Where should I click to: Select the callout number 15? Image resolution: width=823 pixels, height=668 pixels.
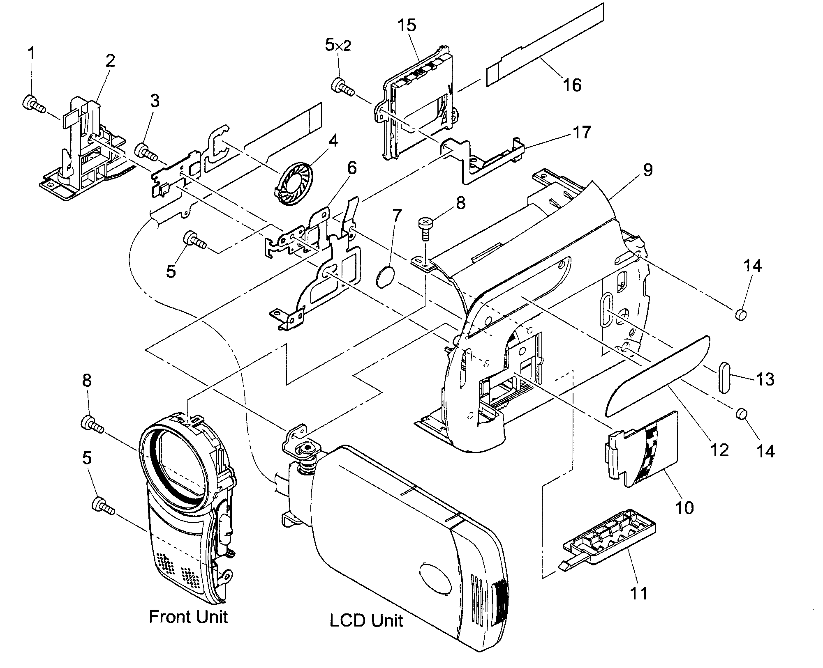click(x=407, y=25)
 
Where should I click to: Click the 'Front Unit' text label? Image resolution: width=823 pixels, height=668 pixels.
click(x=188, y=617)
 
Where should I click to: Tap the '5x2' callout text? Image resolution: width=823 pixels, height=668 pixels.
click(x=338, y=46)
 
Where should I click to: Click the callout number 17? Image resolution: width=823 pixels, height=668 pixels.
click(x=582, y=133)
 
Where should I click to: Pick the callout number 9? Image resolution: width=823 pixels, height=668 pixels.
click(x=647, y=170)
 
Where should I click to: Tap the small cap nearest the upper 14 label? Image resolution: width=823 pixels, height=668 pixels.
click(x=740, y=315)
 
